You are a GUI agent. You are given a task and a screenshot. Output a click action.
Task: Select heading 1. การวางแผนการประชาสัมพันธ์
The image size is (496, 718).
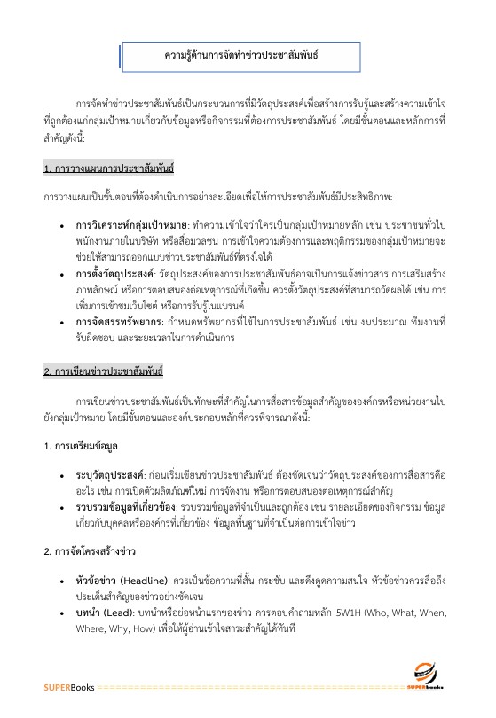(108, 167)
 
